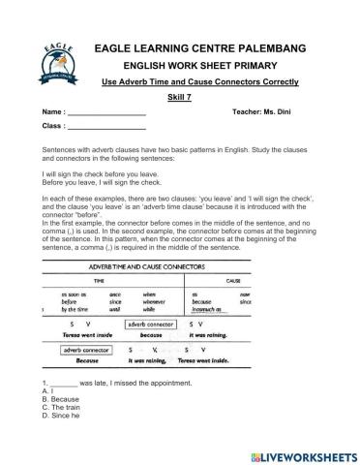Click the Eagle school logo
[x=58, y=57]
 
